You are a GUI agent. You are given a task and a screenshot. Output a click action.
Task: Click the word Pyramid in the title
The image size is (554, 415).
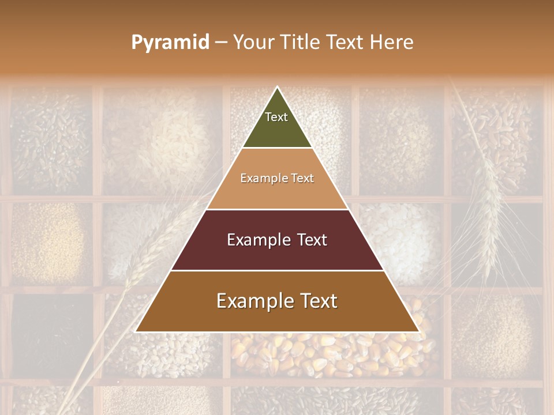170,43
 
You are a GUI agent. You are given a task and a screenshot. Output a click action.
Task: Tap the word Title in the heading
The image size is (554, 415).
301,42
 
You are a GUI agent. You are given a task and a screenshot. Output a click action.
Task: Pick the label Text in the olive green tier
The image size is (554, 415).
276,117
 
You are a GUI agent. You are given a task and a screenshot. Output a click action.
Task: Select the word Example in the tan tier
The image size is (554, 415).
259,179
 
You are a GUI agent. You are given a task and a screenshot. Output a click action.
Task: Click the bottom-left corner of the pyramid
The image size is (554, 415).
136,331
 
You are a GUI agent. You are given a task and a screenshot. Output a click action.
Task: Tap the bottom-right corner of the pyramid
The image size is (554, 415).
419,331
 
